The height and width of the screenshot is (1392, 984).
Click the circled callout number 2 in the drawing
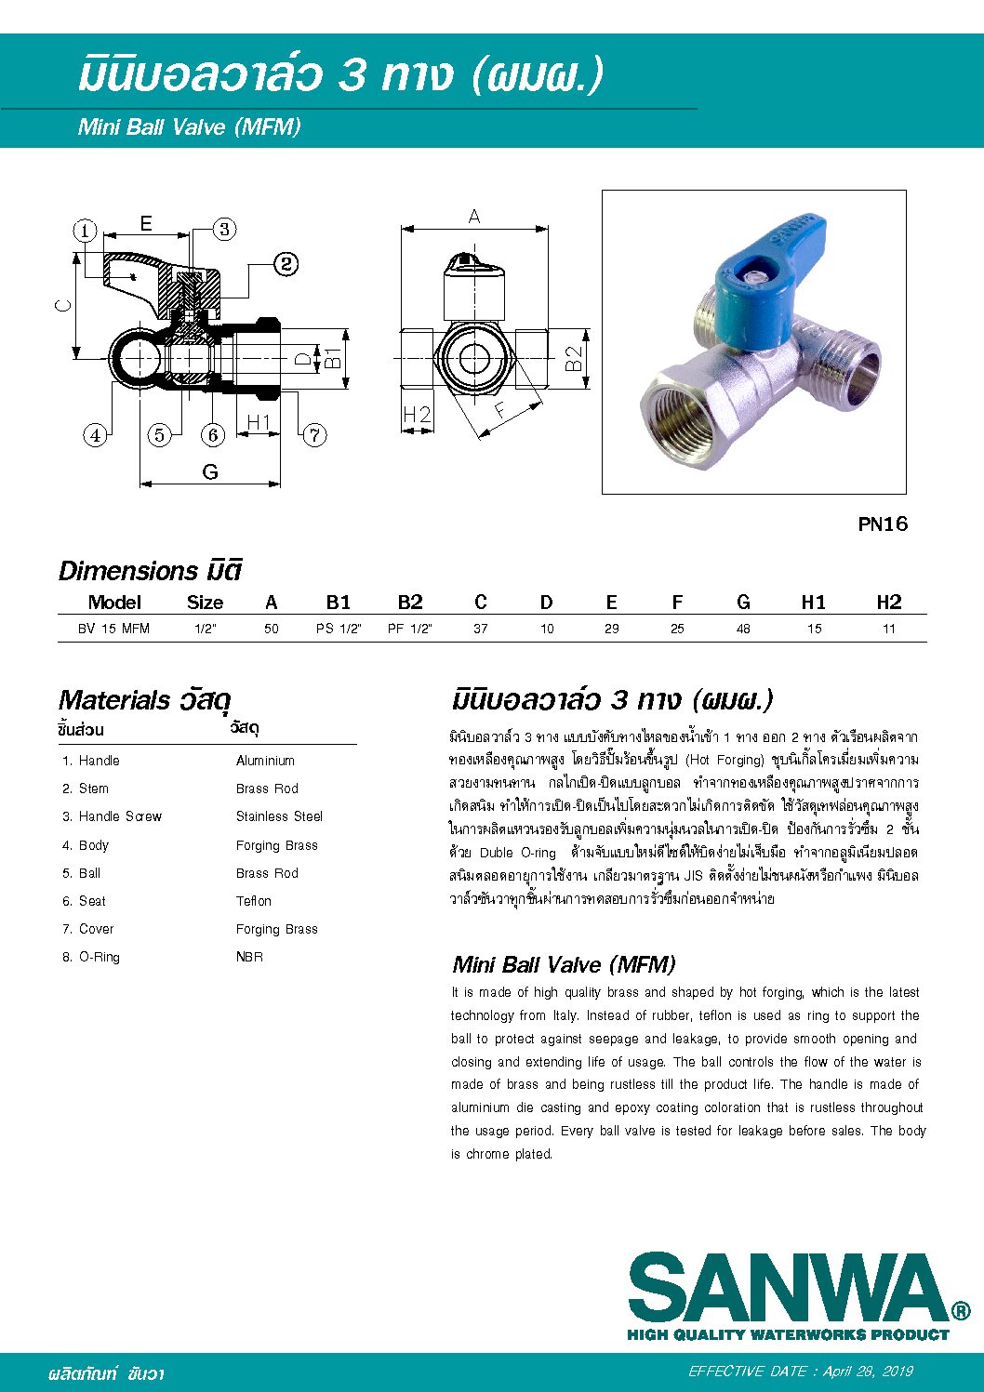point(286,264)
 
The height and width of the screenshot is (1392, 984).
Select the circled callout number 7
point(315,434)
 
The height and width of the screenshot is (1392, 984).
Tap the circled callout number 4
point(95,434)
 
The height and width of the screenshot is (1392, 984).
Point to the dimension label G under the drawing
point(210,472)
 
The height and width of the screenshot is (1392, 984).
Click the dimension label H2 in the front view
point(417,415)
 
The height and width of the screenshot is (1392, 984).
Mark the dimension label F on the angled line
point(500,410)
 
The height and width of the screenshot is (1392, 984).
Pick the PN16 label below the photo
point(882,524)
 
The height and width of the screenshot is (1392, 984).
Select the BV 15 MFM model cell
point(113,629)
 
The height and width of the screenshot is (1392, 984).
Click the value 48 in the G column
point(743,629)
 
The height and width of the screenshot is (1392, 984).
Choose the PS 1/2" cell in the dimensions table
point(339,629)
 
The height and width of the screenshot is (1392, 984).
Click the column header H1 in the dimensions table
point(814,603)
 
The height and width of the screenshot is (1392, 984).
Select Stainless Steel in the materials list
point(279,816)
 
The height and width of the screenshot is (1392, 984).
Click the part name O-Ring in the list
point(99,957)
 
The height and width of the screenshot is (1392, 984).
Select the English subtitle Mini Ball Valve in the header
point(190,127)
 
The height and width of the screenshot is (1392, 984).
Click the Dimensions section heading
point(150,570)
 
